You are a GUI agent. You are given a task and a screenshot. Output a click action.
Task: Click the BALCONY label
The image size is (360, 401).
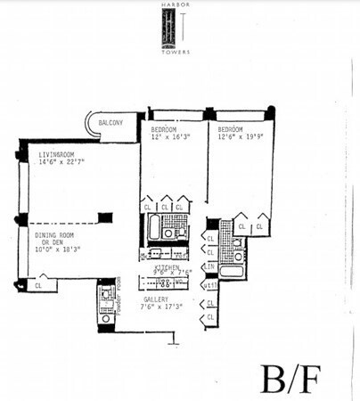pos(122,120)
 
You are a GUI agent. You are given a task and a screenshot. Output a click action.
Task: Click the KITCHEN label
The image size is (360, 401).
pos(167,266)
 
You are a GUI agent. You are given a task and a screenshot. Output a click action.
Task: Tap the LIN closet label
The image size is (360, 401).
pos(210,267)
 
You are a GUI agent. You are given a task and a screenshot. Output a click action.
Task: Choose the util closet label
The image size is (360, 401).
pos(210,285)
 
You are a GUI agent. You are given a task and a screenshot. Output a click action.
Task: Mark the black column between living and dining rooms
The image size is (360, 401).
pos(106,217)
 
